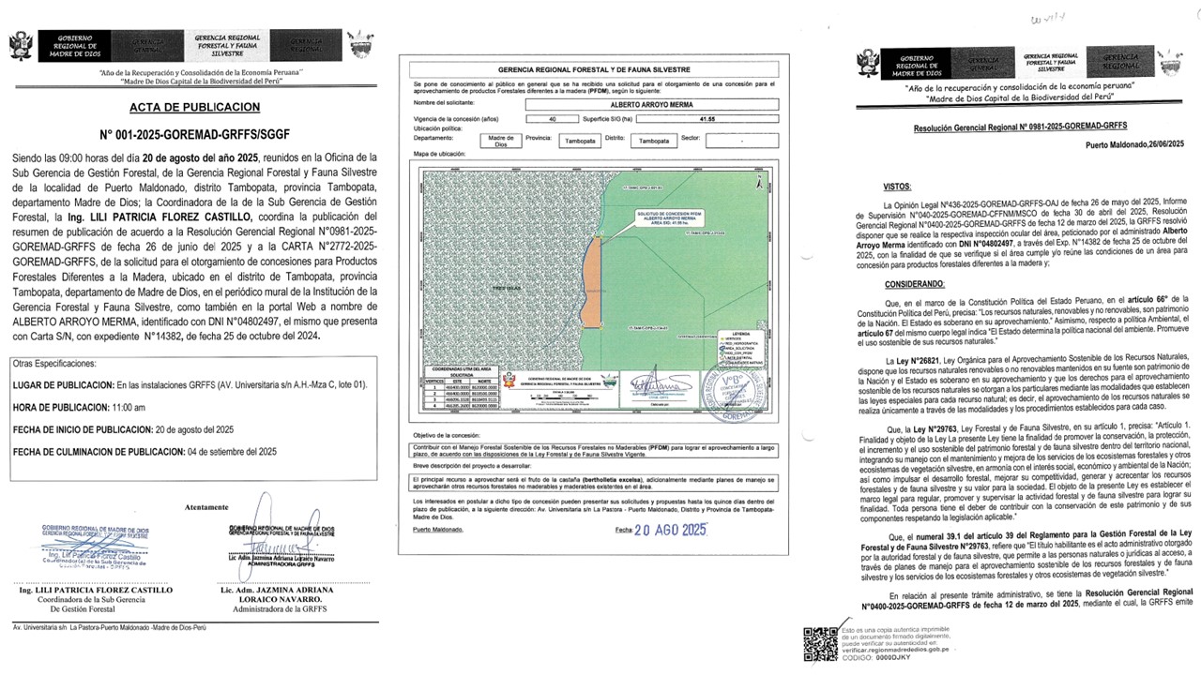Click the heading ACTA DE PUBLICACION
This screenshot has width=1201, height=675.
193,107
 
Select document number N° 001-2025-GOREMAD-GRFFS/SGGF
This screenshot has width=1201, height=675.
193,134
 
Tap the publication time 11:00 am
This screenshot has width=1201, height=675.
129,408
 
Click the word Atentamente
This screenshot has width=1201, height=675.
206,506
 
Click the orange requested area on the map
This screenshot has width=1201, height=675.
591,277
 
